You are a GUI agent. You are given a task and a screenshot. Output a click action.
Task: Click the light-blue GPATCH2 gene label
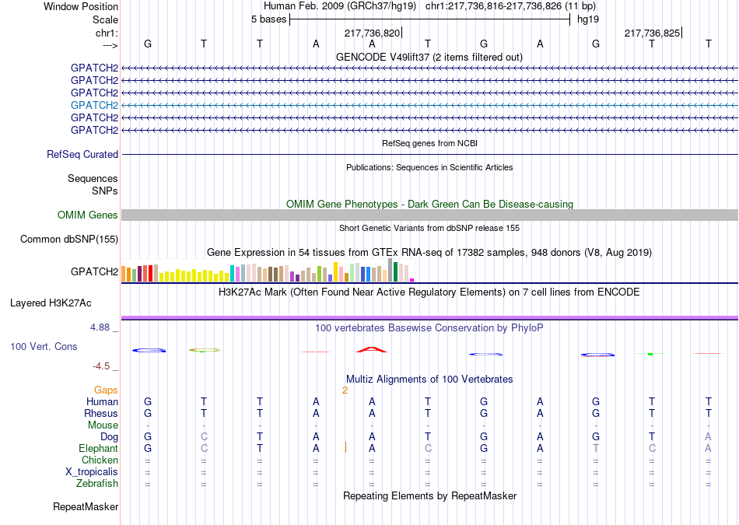coord(94,105)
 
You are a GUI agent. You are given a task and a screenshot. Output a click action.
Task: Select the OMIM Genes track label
coord(88,215)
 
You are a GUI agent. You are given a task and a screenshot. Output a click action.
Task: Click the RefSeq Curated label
coord(82,154)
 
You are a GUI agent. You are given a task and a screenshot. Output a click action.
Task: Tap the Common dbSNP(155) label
coord(69,239)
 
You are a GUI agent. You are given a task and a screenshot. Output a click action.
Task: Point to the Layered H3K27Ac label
coord(51,303)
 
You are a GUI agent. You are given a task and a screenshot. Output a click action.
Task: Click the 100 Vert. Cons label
coord(44,346)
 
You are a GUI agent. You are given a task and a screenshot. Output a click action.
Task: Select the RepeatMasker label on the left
coord(86,506)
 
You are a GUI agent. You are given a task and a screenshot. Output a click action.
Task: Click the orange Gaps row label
coord(106,390)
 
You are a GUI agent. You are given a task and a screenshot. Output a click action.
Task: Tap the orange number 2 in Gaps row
coord(345,390)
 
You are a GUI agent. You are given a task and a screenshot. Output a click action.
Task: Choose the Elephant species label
coord(99,448)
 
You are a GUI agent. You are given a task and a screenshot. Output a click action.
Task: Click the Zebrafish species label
coord(97,483)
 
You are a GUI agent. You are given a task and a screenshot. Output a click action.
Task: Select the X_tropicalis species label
coord(92,472)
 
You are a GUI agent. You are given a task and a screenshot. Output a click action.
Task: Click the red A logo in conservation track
coord(372,349)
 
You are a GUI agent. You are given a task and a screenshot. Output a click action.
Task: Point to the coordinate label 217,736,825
coord(653,33)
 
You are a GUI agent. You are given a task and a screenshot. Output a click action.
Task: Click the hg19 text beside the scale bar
coord(588,19)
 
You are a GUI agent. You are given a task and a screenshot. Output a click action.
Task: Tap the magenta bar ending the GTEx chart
coord(412,280)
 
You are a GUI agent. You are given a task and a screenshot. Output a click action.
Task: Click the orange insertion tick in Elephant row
coord(345,447)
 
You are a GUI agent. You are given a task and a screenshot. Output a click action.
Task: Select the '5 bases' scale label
coord(268,19)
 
